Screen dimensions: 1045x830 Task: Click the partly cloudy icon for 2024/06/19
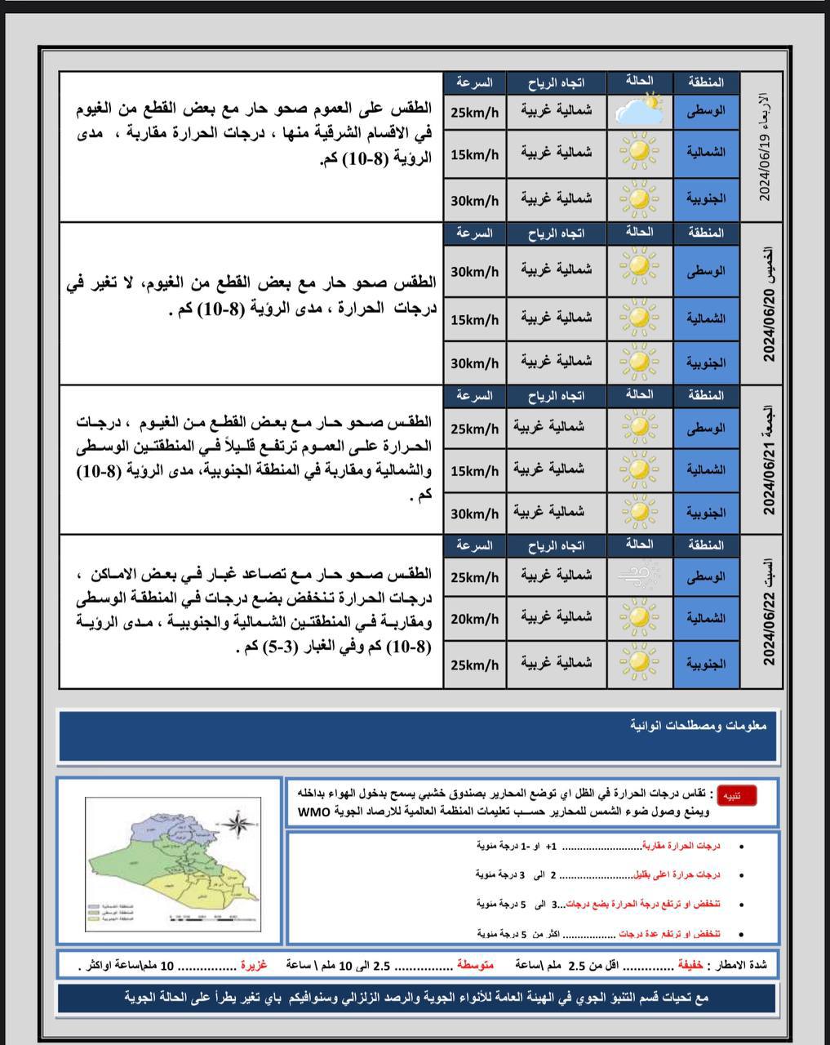639,109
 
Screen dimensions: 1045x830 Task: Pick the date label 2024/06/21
767,477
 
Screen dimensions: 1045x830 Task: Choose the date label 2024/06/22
767,628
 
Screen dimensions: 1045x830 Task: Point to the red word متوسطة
474,965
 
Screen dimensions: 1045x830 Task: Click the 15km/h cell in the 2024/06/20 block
474,320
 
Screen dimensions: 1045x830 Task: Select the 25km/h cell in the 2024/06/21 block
474,429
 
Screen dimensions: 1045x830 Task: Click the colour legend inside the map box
114,913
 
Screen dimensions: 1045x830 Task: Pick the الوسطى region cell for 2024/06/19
706,109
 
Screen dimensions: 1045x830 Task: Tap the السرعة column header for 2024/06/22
474,545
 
